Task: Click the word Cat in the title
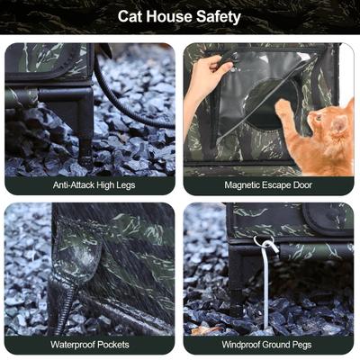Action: (132, 16)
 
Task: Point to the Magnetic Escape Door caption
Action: (269, 185)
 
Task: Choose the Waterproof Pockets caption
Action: (89, 345)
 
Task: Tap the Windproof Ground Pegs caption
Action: (269, 345)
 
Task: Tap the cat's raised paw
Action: (283, 107)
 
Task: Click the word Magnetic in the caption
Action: (243, 185)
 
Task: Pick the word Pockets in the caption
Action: (111, 345)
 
